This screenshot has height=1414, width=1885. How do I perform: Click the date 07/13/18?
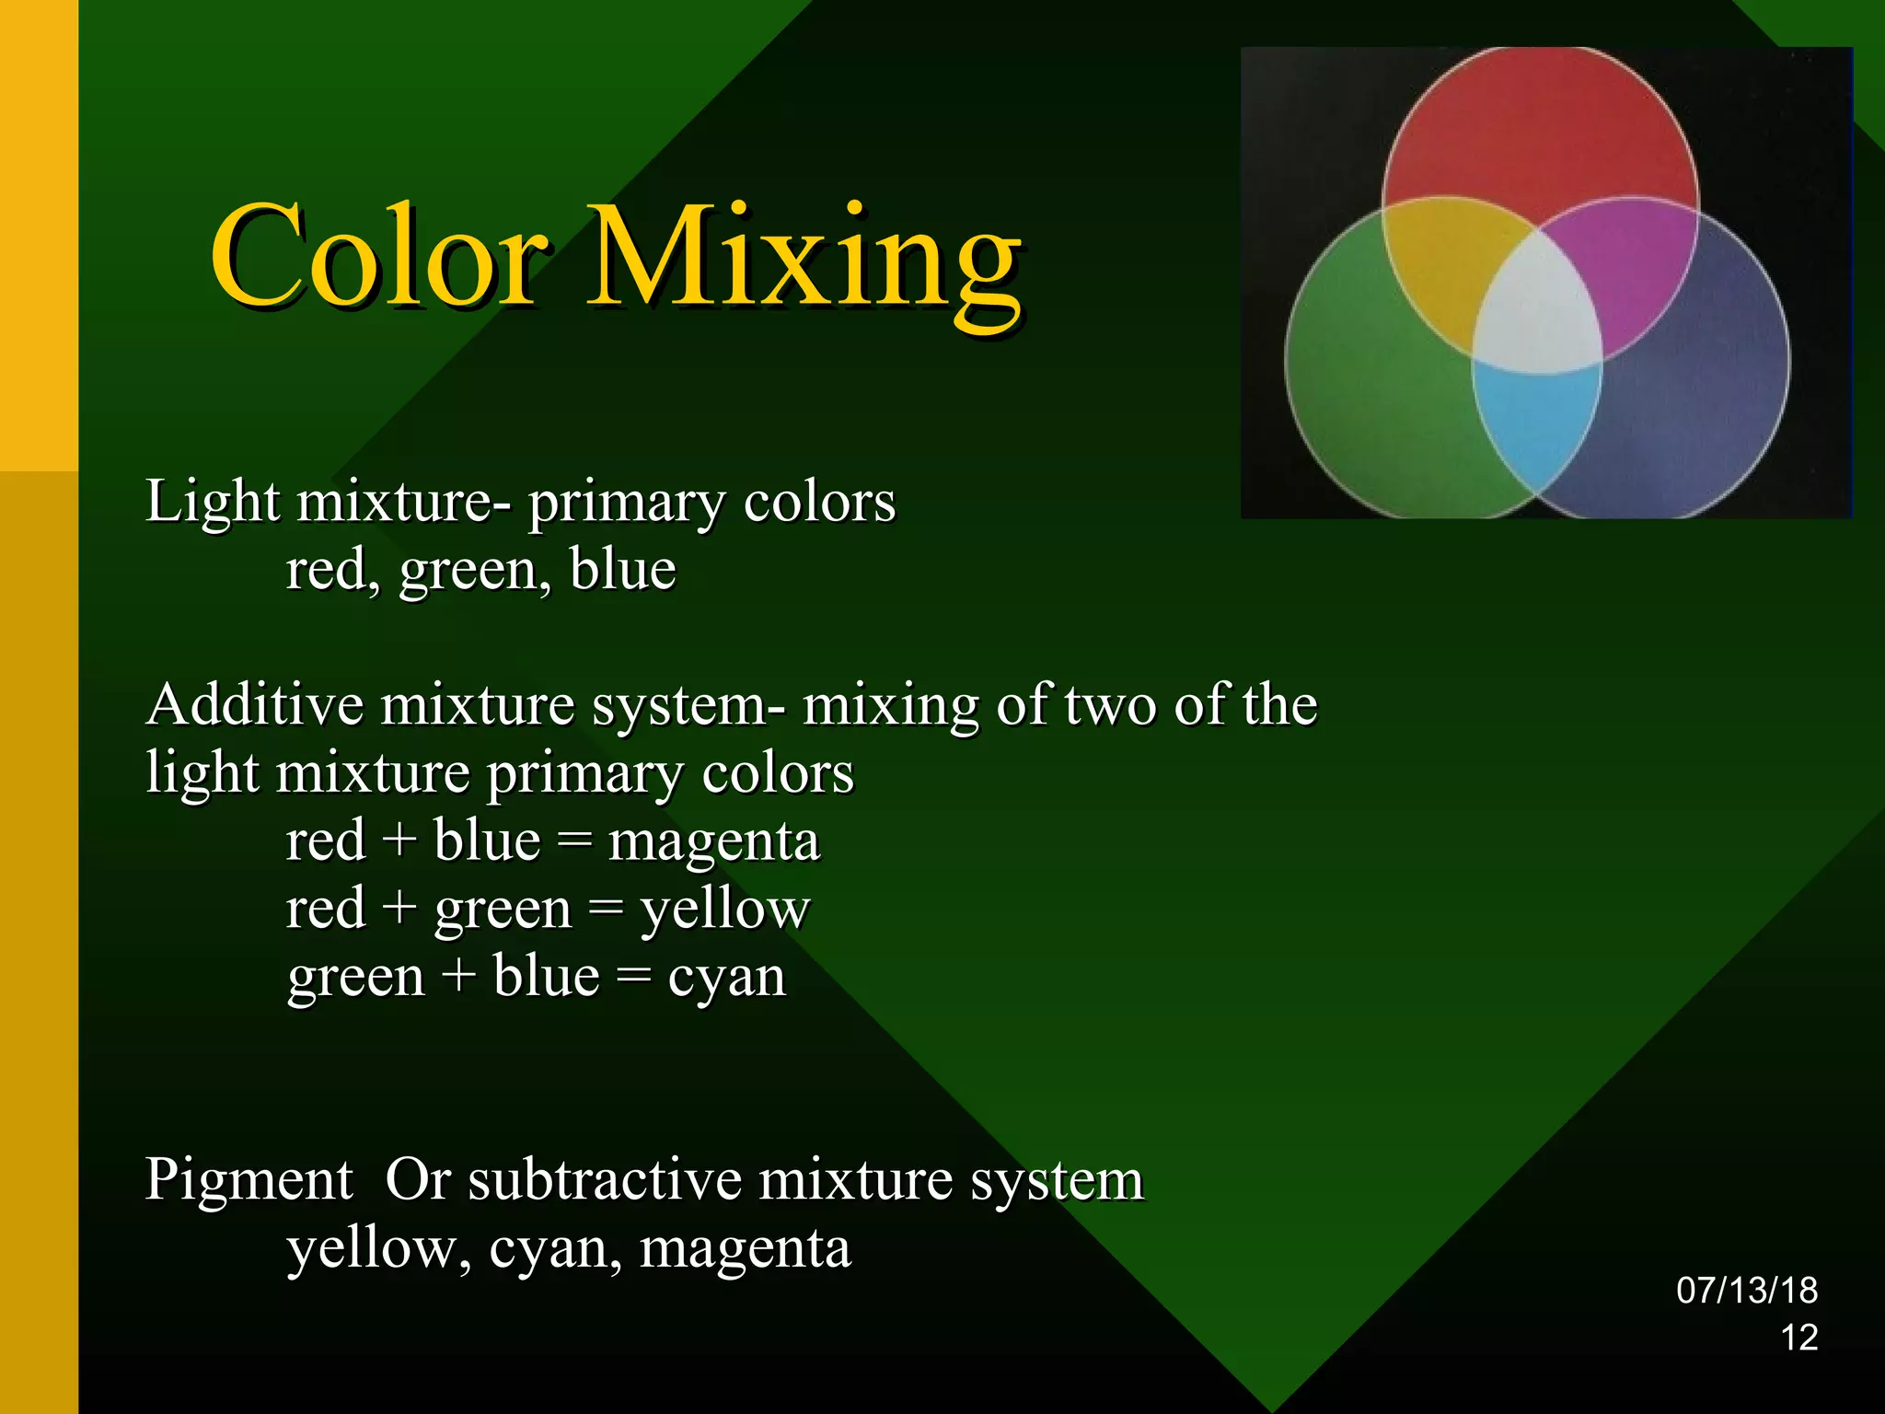coord(1746,1291)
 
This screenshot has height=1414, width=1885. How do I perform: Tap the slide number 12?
coord(1798,1338)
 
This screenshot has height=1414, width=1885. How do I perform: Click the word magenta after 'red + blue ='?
coord(713,842)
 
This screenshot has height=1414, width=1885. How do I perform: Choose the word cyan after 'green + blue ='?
coord(726,978)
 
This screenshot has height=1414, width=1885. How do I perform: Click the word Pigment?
coord(249,1180)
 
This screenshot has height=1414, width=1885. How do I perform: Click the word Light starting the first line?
coord(212,503)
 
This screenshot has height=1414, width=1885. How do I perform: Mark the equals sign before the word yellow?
coord(605,910)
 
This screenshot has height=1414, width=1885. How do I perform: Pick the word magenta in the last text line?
coord(745,1249)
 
